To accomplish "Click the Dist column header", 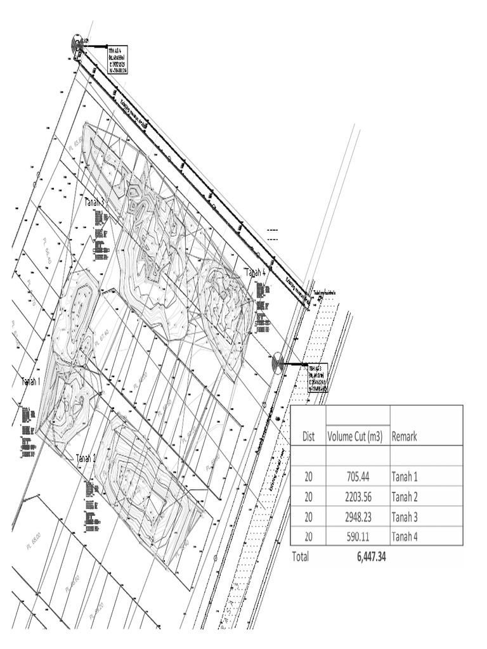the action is [309, 436].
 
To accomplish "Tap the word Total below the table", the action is [300, 557].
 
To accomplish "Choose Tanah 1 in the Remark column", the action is [405, 476].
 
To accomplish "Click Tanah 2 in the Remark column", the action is [405, 496].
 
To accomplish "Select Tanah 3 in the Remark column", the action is [405, 517].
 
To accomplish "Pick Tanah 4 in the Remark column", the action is [405, 537].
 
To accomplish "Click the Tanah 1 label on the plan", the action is [30, 382].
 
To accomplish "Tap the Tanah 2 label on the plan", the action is [86, 458].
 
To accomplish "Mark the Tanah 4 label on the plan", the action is [255, 273].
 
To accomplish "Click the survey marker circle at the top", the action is [77, 45].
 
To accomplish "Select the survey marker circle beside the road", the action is [277, 364].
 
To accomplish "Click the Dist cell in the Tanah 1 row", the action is [309, 476].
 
